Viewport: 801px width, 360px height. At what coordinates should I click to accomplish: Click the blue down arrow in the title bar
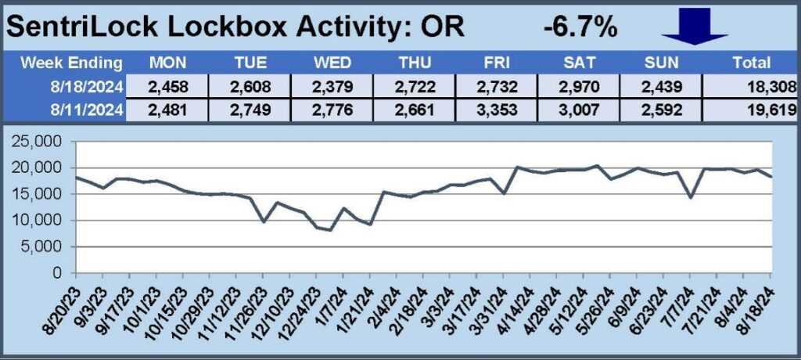coord(695,27)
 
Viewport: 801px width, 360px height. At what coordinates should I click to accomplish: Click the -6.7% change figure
coord(580,27)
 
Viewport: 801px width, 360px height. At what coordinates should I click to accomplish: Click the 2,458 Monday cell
coord(165,87)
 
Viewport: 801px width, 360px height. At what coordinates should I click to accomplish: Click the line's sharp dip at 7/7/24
coord(690,197)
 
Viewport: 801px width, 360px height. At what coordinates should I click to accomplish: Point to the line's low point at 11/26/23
coord(264,222)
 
